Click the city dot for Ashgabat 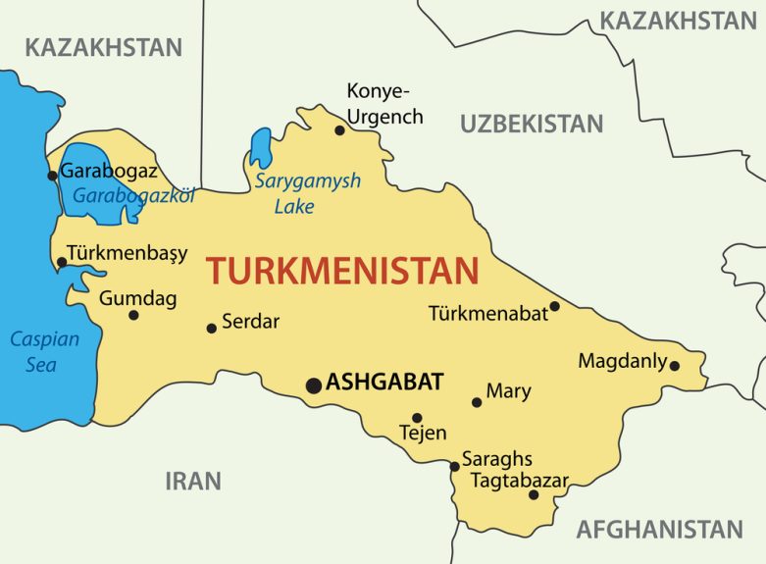(x=313, y=385)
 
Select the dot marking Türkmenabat (x=554, y=306)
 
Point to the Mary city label (x=508, y=391)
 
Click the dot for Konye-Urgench (x=339, y=129)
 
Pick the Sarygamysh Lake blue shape (x=261, y=147)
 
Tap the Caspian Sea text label (x=33, y=352)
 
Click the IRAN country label (x=192, y=481)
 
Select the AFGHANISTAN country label (x=658, y=530)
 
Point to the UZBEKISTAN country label (x=532, y=124)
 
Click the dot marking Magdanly (x=674, y=366)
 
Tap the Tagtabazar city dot (x=534, y=494)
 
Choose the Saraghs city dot (x=454, y=466)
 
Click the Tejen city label (x=423, y=433)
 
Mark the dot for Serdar (x=211, y=328)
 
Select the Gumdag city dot (x=133, y=315)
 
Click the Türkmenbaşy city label (x=127, y=252)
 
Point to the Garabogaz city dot (x=52, y=176)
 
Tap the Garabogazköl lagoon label (x=133, y=194)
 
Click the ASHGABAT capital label (x=384, y=382)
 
